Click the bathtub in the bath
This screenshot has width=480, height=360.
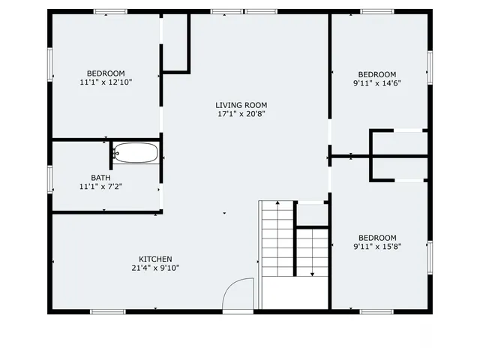point(136,153)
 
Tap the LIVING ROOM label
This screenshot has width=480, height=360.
point(241,105)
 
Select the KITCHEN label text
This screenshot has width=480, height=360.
point(156,259)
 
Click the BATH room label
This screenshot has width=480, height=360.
point(100,178)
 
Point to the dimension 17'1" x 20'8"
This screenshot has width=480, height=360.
point(241,115)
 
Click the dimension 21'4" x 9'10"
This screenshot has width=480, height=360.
point(156,268)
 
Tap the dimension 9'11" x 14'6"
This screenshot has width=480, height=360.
point(376,83)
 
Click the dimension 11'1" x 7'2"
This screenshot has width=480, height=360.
point(100,187)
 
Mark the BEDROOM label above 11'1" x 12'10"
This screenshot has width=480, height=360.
point(106,73)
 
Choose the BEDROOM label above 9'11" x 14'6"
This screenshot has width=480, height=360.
point(376,74)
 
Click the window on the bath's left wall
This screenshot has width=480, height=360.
point(50,180)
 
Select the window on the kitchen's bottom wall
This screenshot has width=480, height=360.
point(108,311)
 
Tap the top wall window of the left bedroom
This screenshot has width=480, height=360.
point(109,11)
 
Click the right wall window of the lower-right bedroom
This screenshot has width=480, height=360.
point(430,256)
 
